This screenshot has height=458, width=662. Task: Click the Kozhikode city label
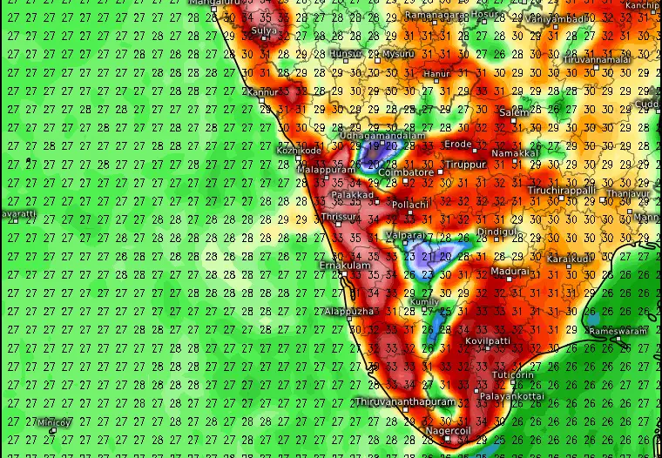[299, 151]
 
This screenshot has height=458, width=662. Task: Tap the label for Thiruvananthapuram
[405, 402]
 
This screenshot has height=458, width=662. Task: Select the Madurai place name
[510, 272]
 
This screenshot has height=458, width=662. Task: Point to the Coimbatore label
[406, 172]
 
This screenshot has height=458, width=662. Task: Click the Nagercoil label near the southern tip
[448, 431]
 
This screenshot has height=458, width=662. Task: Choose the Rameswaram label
[618, 332]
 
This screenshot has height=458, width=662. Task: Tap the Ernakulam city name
[345, 266]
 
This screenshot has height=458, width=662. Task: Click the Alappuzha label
[349, 311]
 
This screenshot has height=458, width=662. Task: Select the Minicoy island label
[54, 423]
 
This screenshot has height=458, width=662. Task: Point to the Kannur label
[262, 92]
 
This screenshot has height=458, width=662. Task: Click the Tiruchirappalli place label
[562, 191]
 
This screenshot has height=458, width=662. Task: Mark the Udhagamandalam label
[382, 136]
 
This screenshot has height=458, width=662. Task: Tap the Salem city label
[514, 113]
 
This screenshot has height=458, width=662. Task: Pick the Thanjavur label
[629, 194]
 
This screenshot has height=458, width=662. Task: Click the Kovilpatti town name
[488, 341]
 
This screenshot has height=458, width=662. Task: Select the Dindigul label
[497, 232]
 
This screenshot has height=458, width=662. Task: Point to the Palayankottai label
[512, 396]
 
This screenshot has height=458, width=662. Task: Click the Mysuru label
[398, 54]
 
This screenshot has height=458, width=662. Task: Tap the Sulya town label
[264, 31]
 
